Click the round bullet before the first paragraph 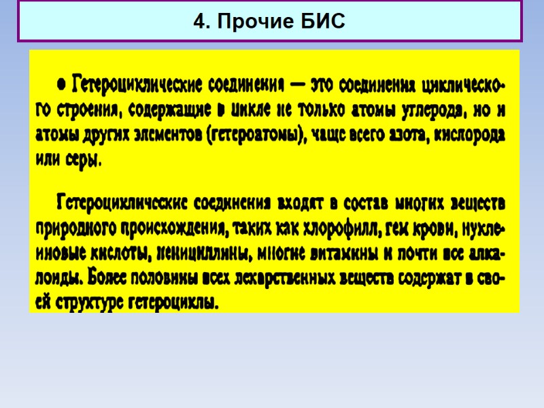pos(62,84)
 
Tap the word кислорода pos(464,135)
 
